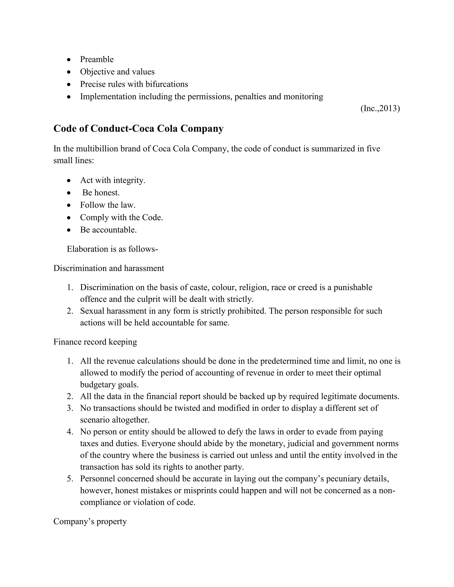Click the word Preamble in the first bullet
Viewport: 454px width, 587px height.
pyautogui.click(x=97, y=59)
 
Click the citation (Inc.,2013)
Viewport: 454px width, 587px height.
pyautogui.click(x=380, y=108)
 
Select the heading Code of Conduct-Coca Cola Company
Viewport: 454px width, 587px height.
pyautogui.click(x=138, y=128)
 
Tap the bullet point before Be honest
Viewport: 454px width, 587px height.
pyautogui.click(x=69, y=193)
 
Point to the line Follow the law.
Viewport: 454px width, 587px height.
pyautogui.click(x=108, y=205)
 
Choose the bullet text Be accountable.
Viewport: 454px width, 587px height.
pyautogui.click(x=108, y=230)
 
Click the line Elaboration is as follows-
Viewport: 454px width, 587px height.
pyautogui.click(x=112, y=249)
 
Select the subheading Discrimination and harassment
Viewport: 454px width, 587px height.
pyautogui.click(x=109, y=268)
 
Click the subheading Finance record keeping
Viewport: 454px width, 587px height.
pyautogui.click(x=95, y=342)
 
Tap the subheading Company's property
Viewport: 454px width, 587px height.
pyautogui.click(x=90, y=521)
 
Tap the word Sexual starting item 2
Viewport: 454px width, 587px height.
pyautogui.click(x=92, y=311)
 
